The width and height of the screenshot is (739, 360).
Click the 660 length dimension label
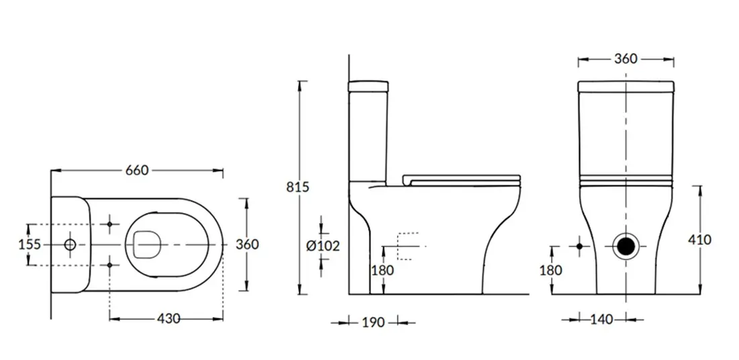137,170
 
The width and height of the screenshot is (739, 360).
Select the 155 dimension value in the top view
30,244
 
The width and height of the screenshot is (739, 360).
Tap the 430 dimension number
168,319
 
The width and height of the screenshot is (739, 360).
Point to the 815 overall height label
298,187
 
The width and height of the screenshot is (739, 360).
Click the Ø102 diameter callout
323,246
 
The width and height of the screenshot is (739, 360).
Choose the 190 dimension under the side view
373,323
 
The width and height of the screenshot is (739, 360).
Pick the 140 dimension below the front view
601,320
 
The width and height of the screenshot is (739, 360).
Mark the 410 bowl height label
699,240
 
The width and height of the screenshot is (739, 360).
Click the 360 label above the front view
626,59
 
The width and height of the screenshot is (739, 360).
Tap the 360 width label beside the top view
248,244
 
